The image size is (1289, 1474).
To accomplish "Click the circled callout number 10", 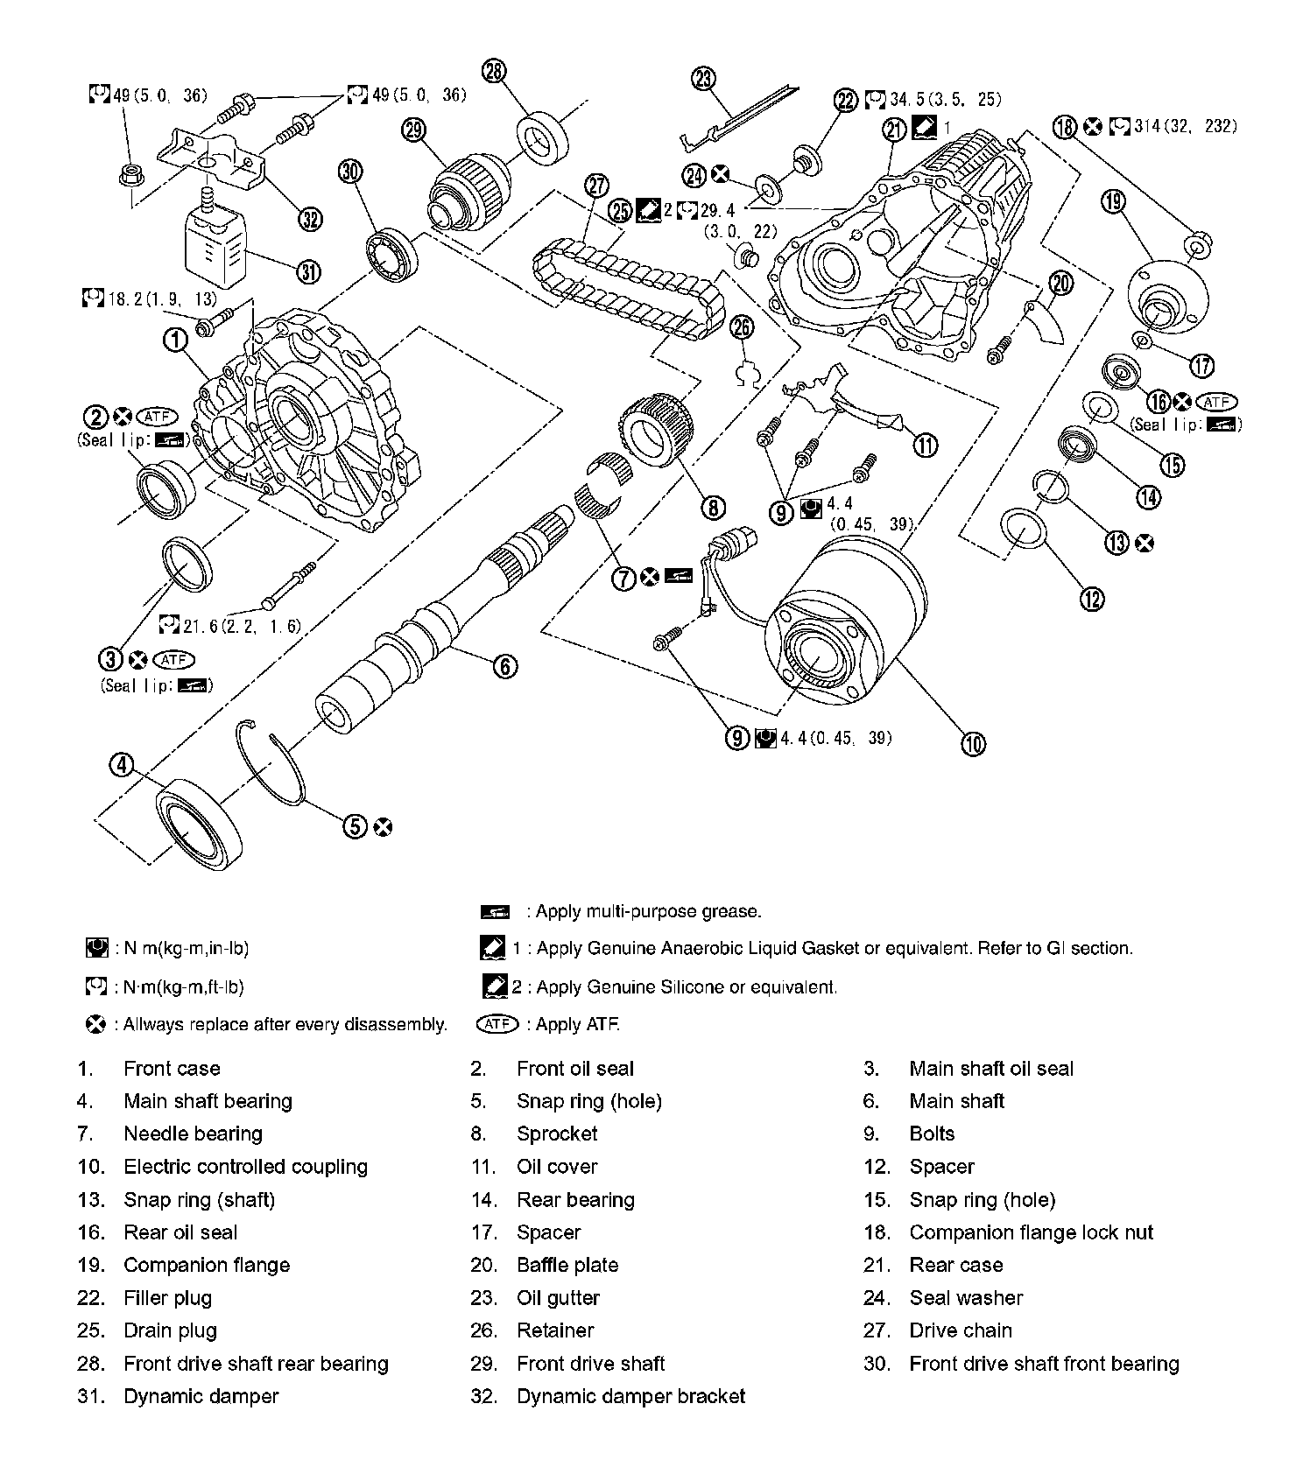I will [x=973, y=744].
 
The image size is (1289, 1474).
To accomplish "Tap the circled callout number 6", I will [x=505, y=666].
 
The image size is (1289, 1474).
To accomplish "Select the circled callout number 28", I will [x=495, y=71].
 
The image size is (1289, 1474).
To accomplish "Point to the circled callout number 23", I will [x=703, y=80].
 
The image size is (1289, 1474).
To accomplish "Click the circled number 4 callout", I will [x=121, y=765].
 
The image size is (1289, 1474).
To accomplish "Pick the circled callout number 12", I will [x=1092, y=599].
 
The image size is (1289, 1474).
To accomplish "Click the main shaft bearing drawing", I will [x=200, y=822].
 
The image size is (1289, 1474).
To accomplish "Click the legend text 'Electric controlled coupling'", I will [x=245, y=1167].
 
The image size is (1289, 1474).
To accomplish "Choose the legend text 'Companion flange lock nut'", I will [x=1031, y=1232].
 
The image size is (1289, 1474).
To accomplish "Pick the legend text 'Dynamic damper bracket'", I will [x=630, y=1396].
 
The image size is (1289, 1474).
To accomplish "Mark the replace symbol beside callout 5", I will [x=382, y=827].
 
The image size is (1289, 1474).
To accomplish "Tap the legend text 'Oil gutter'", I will [x=558, y=1298].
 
